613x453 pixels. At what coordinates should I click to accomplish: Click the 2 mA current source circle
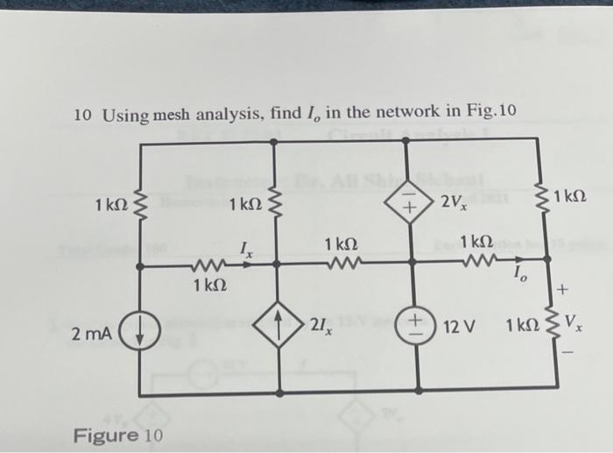[x=143, y=334]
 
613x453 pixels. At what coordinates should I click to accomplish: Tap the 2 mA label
[x=92, y=334]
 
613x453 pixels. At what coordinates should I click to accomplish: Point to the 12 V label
[x=459, y=326]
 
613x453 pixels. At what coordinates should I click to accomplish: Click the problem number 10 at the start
[x=82, y=115]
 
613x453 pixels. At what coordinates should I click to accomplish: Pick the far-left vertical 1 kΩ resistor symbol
[x=142, y=207]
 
